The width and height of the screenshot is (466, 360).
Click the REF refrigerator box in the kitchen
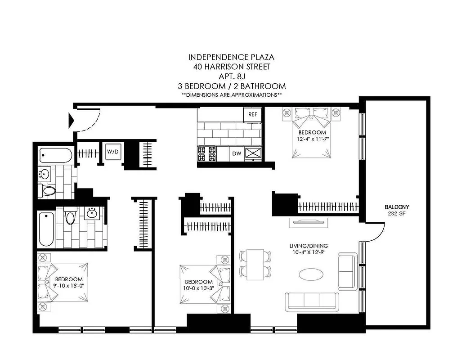click(253, 114)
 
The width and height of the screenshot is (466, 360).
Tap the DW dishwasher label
click(236, 154)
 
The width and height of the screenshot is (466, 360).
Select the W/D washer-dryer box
click(113, 152)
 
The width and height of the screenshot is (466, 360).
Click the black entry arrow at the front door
click(71, 120)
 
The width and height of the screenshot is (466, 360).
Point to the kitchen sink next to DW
click(253, 153)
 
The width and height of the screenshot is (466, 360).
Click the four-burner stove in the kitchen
click(207, 153)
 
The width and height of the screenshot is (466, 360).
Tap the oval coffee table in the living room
click(312, 274)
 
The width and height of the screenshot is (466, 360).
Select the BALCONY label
click(397, 207)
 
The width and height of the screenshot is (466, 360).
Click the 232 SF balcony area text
click(397, 213)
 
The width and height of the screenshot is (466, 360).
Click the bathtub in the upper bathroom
click(56, 155)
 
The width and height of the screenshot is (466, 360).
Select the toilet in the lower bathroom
click(70, 217)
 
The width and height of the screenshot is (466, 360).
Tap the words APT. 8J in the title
click(231, 76)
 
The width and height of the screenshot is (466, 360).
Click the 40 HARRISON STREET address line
click(231, 67)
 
